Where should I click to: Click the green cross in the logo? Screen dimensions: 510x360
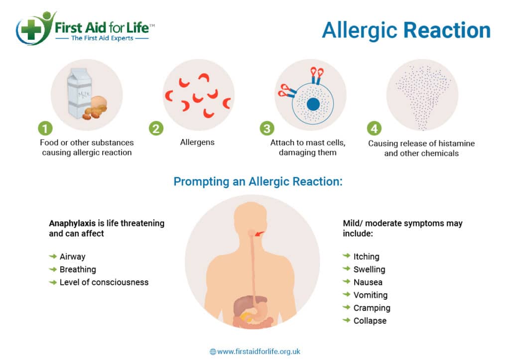pyautogui.click(x=31, y=29)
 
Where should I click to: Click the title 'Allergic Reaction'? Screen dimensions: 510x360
pyautogui.click(x=406, y=30)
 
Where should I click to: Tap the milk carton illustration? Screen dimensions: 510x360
pyautogui.click(x=79, y=93)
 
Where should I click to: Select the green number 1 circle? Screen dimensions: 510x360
pyautogui.click(x=45, y=128)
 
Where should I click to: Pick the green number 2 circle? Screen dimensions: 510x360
pyautogui.click(x=156, y=128)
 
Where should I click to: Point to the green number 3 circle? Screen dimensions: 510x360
pyautogui.click(x=267, y=128)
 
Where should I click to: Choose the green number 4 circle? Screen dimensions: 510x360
pyautogui.click(x=375, y=128)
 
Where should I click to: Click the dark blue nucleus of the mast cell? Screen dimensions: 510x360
pyautogui.click(x=313, y=105)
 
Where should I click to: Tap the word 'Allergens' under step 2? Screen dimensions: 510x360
pyautogui.click(x=197, y=142)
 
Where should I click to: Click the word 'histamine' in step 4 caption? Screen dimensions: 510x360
pyautogui.click(x=456, y=143)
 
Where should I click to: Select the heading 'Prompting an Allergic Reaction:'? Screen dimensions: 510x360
pyautogui.click(x=258, y=181)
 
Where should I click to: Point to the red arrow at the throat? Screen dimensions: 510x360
pyautogui.click(x=260, y=234)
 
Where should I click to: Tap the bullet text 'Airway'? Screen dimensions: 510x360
pyautogui.click(x=73, y=256)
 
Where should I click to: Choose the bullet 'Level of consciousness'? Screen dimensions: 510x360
pyautogui.click(x=104, y=282)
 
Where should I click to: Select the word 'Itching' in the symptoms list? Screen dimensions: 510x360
pyautogui.click(x=367, y=256)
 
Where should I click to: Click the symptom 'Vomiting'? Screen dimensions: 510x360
pyautogui.click(x=371, y=295)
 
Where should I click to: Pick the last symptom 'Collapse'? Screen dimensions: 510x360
pyautogui.click(x=370, y=321)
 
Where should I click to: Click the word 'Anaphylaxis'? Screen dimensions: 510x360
pyautogui.click(x=72, y=224)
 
